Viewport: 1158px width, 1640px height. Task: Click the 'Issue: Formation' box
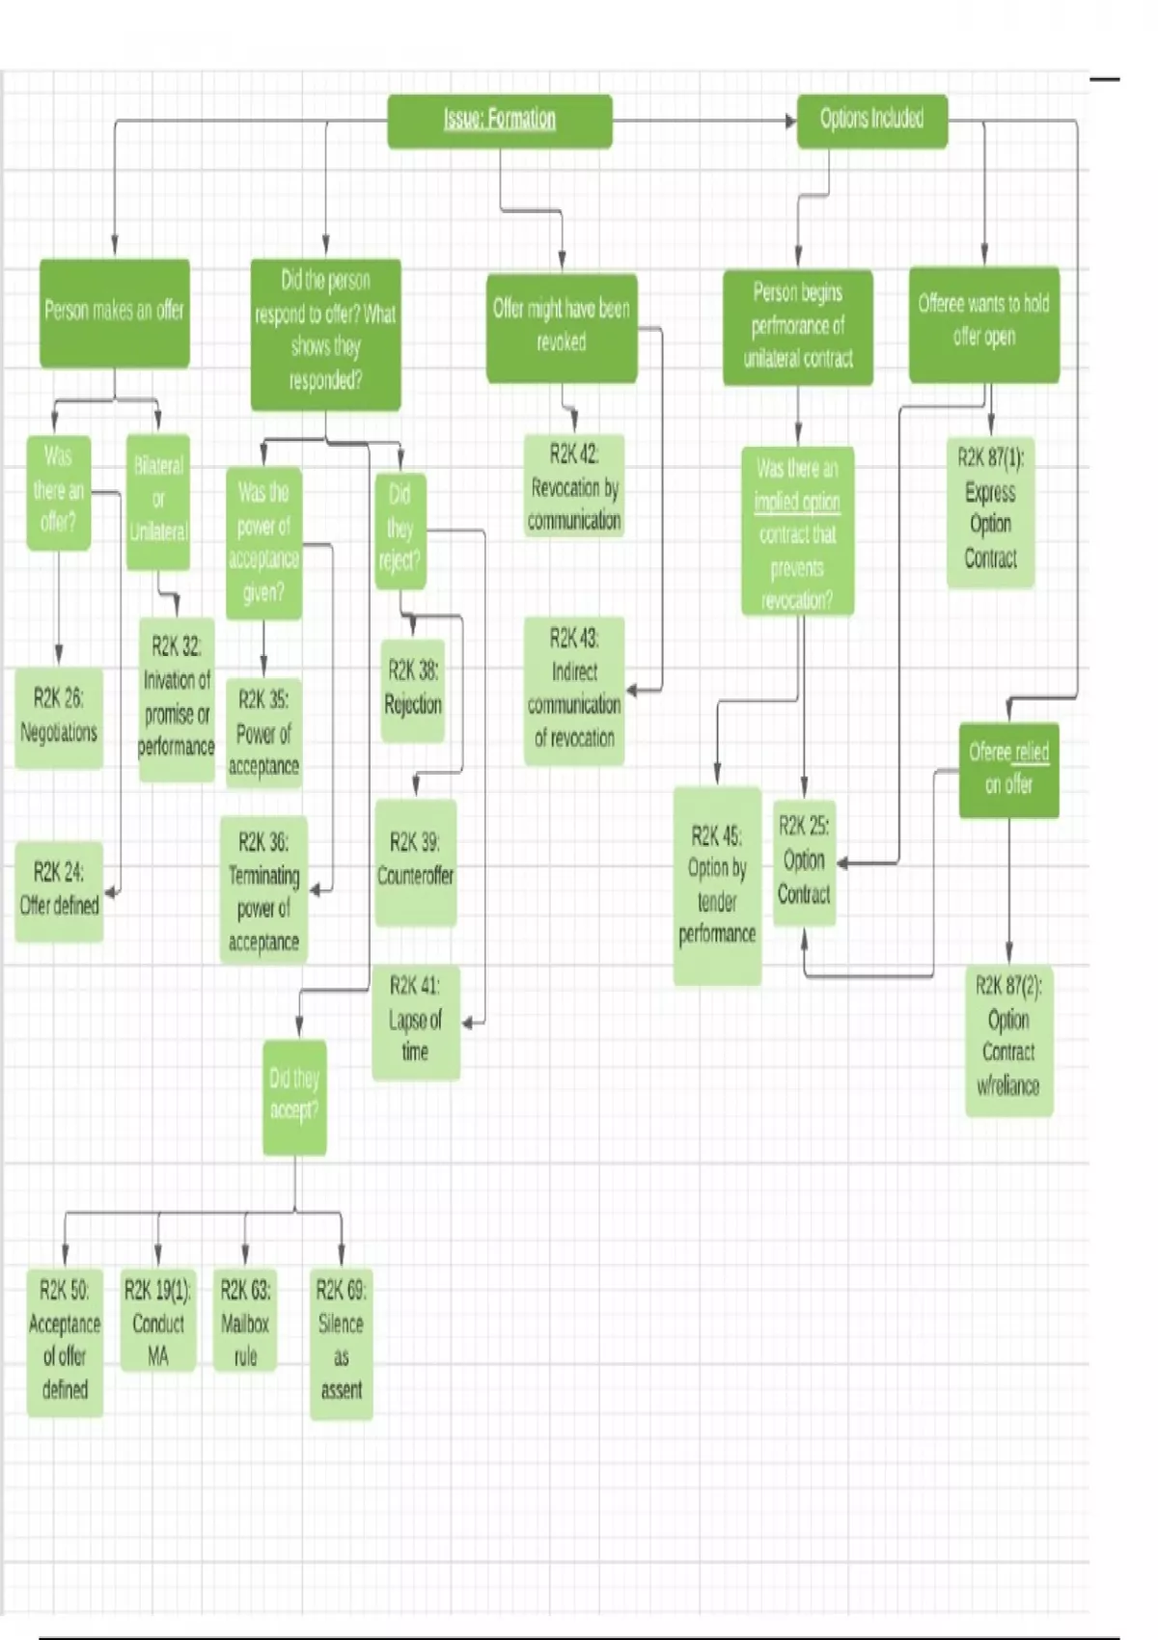pyautogui.click(x=499, y=121)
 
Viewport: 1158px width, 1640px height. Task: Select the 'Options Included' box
pyautogui.click(x=871, y=121)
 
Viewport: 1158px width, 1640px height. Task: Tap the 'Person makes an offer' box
pyautogui.click(x=114, y=312)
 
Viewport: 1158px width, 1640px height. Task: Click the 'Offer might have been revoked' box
pyautogui.click(x=561, y=326)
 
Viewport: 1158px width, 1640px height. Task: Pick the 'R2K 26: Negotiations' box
pyautogui.click(x=59, y=717)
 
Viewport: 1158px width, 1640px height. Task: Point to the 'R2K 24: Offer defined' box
pyautogui.click(x=59, y=889)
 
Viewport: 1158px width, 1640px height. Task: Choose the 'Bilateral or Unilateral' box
pyautogui.click(x=158, y=500)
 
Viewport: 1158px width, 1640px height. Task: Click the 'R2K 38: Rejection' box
pyautogui.click(x=413, y=689)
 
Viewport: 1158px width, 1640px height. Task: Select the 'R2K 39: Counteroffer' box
pyautogui.click(x=415, y=861)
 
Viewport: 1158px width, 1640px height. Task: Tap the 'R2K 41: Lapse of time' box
pyautogui.click(x=415, y=1021)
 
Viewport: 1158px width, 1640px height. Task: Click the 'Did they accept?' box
pyautogui.click(x=294, y=1096)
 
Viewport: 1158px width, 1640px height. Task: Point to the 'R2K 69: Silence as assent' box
pyautogui.click(x=341, y=1342)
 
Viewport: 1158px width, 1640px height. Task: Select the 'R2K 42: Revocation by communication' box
pyautogui.click(x=574, y=486)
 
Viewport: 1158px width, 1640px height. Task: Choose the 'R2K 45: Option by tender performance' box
pyautogui.click(x=717, y=886)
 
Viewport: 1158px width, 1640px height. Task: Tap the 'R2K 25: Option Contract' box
pyautogui.click(x=804, y=861)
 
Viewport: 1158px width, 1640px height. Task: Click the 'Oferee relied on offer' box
pyautogui.click(x=1008, y=770)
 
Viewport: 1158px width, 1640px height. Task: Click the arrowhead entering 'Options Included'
pyautogui.click(x=790, y=121)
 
